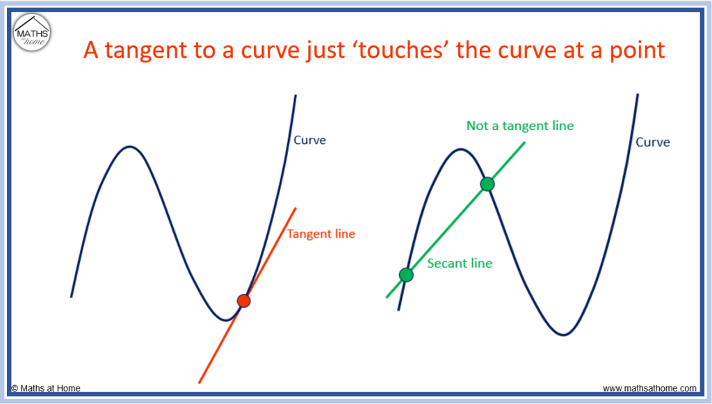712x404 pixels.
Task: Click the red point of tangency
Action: click(x=244, y=300)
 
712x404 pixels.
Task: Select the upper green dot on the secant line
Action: click(x=487, y=184)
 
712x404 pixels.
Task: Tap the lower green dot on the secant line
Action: click(x=406, y=275)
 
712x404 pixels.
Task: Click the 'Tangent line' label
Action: click(x=321, y=234)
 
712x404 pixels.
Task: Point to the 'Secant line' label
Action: click(x=460, y=264)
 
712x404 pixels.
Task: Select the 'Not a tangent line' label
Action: click(x=520, y=126)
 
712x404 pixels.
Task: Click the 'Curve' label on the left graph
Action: click(x=309, y=140)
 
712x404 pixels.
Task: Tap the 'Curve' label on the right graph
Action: click(x=652, y=142)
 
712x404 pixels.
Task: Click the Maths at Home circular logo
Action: click(x=32, y=32)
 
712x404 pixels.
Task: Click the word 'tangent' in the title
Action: click(x=145, y=50)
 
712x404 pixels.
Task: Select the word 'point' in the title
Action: click(x=637, y=50)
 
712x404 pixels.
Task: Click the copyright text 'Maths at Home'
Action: click(x=46, y=388)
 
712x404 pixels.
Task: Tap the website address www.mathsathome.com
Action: click(x=649, y=388)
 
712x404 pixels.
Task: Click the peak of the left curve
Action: click(x=130, y=147)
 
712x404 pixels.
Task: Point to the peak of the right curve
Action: click(x=460, y=150)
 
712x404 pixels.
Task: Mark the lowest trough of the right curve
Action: click(x=563, y=334)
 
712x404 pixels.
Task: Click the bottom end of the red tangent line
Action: click(x=199, y=383)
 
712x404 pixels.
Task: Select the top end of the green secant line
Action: click(x=525, y=143)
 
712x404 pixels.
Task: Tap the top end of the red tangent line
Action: click(x=296, y=209)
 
